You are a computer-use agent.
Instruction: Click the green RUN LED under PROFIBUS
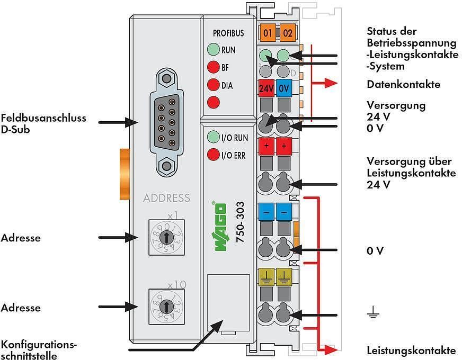(x=214, y=50)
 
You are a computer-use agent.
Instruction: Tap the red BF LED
(x=214, y=67)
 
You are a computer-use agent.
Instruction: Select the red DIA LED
(x=214, y=85)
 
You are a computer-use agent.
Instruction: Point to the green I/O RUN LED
(x=214, y=138)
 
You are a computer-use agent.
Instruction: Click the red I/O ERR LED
(x=214, y=155)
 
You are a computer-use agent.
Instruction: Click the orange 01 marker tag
(x=267, y=32)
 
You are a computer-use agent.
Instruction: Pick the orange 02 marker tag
(x=287, y=32)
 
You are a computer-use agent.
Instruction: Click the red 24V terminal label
(x=266, y=88)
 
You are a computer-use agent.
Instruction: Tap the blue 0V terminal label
(x=283, y=88)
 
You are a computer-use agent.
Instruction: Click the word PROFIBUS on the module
(x=228, y=33)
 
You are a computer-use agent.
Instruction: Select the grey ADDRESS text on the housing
(x=166, y=199)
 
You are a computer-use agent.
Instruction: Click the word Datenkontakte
(x=403, y=84)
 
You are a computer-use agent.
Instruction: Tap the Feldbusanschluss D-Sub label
(x=43, y=123)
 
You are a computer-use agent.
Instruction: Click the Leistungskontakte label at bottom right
(x=411, y=350)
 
